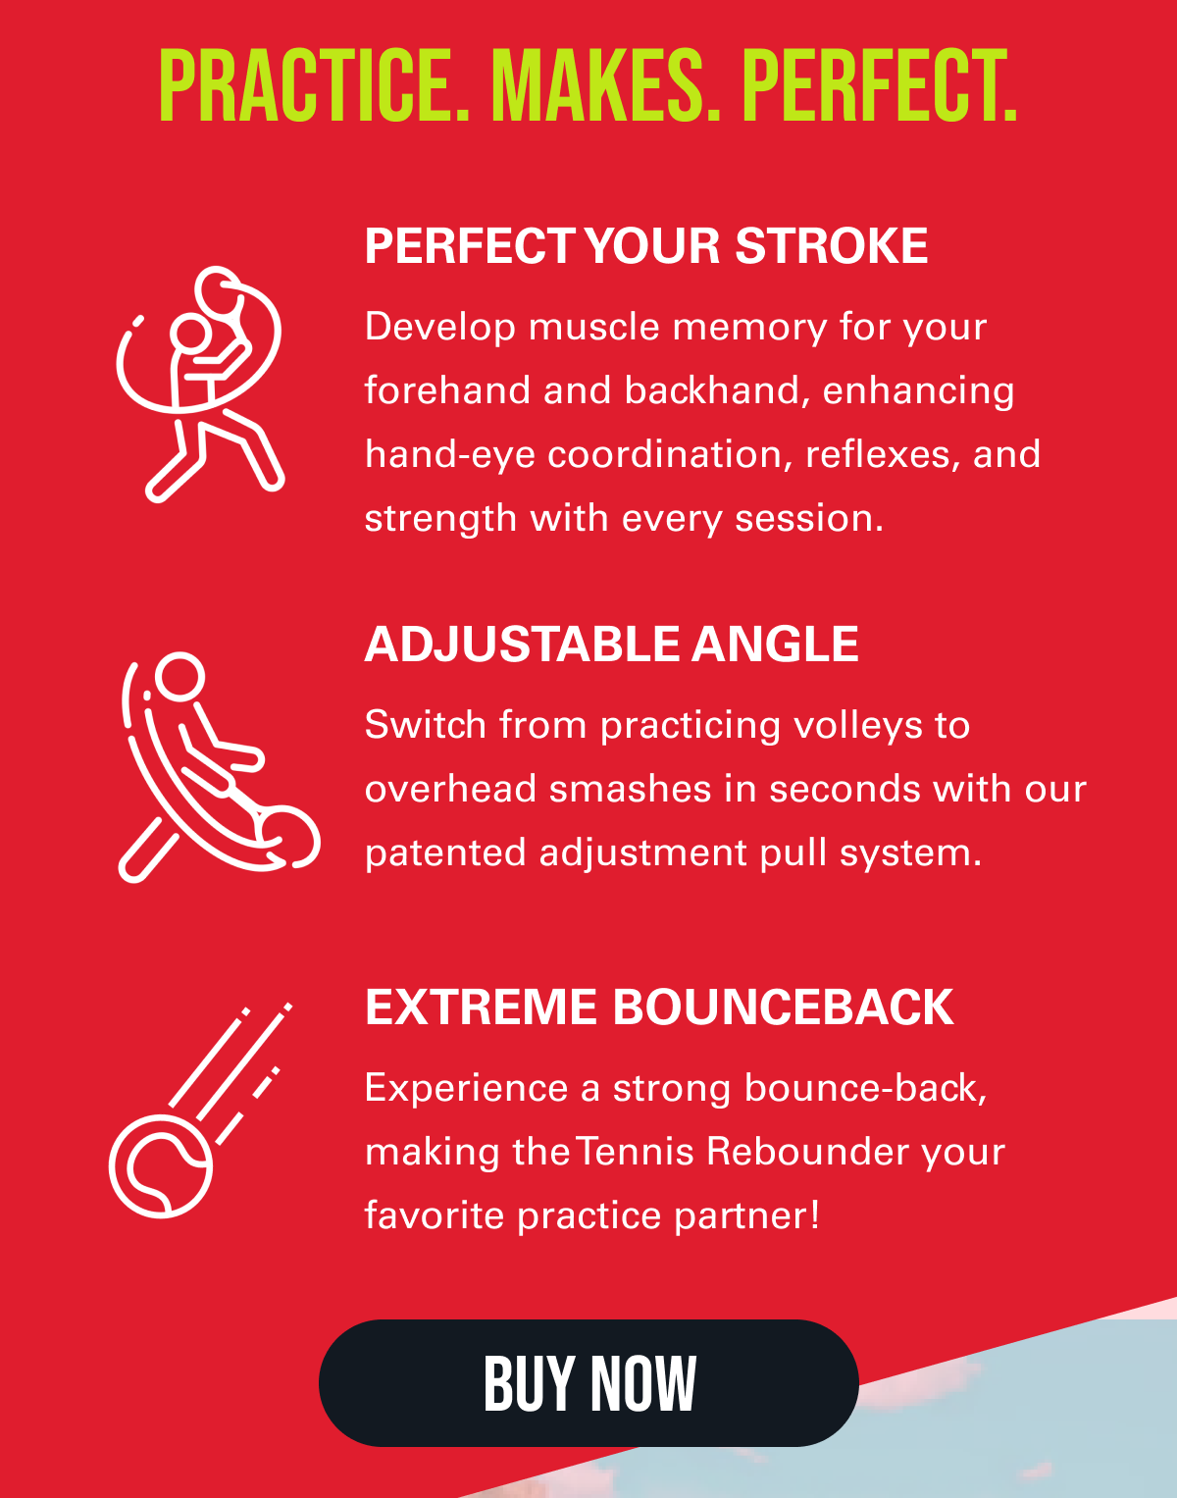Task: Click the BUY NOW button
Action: [588, 1383]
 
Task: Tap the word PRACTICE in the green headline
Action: [314, 85]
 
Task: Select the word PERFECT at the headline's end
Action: [880, 85]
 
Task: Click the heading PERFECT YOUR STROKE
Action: [646, 245]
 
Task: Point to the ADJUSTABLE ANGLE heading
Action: [611, 644]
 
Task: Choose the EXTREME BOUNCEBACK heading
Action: [659, 1007]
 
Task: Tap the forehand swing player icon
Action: [200, 384]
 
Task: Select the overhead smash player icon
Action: [219, 766]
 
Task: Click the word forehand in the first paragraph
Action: [447, 390]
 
